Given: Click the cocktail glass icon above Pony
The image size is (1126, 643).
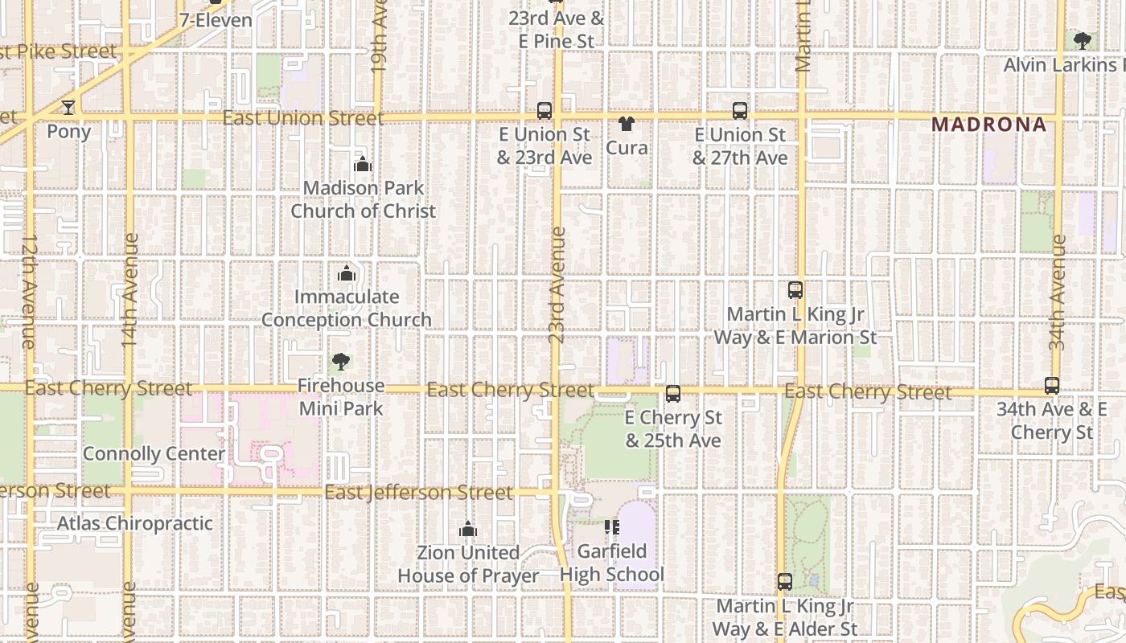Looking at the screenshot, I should pyautogui.click(x=68, y=108).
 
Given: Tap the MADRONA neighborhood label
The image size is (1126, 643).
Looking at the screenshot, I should pyautogui.click(x=989, y=125).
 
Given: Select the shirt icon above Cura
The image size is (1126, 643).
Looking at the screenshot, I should pyautogui.click(x=627, y=124).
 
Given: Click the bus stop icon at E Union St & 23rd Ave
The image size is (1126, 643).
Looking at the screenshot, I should pyautogui.click(x=545, y=111).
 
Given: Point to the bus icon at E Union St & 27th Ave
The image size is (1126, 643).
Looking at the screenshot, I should pyautogui.click(x=740, y=111).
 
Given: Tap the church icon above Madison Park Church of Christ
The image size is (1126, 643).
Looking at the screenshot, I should pyautogui.click(x=363, y=165).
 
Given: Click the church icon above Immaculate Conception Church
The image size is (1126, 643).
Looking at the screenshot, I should pyautogui.click(x=347, y=274).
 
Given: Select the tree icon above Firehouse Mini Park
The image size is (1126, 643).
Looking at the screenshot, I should pyautogui.click(x=341, y=362).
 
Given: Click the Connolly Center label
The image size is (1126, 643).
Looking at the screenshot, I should pyautogui.click(x=154, y=454).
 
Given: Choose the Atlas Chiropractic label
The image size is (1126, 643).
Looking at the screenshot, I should pyautogui.click(x=135, y=524).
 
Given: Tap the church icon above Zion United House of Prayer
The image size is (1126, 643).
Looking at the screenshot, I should pyautogui.click(x=468, y=530).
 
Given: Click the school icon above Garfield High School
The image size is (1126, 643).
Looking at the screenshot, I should pyautogui.click(x=612, y=527).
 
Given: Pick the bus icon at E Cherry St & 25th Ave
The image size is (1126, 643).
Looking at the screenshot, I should pyautogui.click(x=673, y=394).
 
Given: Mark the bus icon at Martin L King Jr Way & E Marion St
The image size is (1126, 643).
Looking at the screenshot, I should pyautogui.click(x=795, y=290).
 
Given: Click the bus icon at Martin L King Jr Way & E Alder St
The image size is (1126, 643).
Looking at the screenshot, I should pyautogui.click(x=785, y=582).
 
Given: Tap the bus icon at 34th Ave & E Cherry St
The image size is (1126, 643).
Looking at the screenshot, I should pyautogui.click(x=1052, y=386).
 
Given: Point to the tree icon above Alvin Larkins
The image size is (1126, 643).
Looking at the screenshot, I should pyautogui.click(x=1083, y=40).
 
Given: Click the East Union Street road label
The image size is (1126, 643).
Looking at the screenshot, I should pyautogui.click(x=303, y=118).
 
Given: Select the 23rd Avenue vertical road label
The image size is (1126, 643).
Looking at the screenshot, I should pyautogui.click(x=557, y=285).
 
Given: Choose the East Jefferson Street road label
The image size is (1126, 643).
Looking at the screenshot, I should pyautogui.click(x=419, y=492).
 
